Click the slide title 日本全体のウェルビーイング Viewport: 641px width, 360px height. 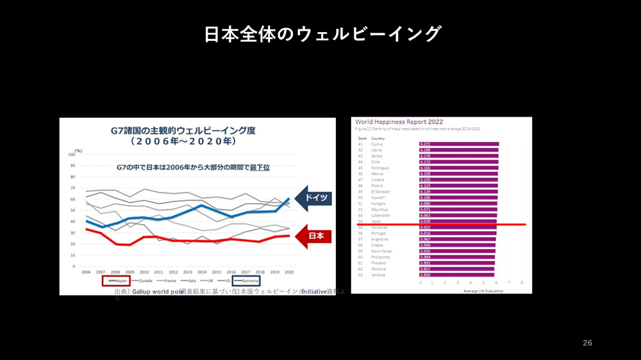pyautogui.click(x=322, y=34)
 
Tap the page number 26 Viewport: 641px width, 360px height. pyautogui.click(x=587, y=343)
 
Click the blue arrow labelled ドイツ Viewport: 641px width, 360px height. pyautogui.click(x=315, y=198)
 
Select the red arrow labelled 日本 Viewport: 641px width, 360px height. pyautogui.click(x=315, y=236)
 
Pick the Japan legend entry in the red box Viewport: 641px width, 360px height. pyautogui.click(x=117, y=281)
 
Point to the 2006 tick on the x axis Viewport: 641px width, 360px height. pyautogui.click(x=86, y=272)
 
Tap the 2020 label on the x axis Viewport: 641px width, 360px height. pyautogui.click(x=289, y=272)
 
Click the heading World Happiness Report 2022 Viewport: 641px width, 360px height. pyautogui.click(x=399, y=122)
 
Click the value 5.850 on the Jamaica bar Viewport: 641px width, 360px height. pyautogui.click(x=425, y=275)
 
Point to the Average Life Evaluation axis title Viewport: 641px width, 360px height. pyautogui.click(x=483, y=291)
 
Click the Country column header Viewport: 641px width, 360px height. pyautogui.click(x=378, y=138)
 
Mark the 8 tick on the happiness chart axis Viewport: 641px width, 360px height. pyautogui.click(x=522, y=282)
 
